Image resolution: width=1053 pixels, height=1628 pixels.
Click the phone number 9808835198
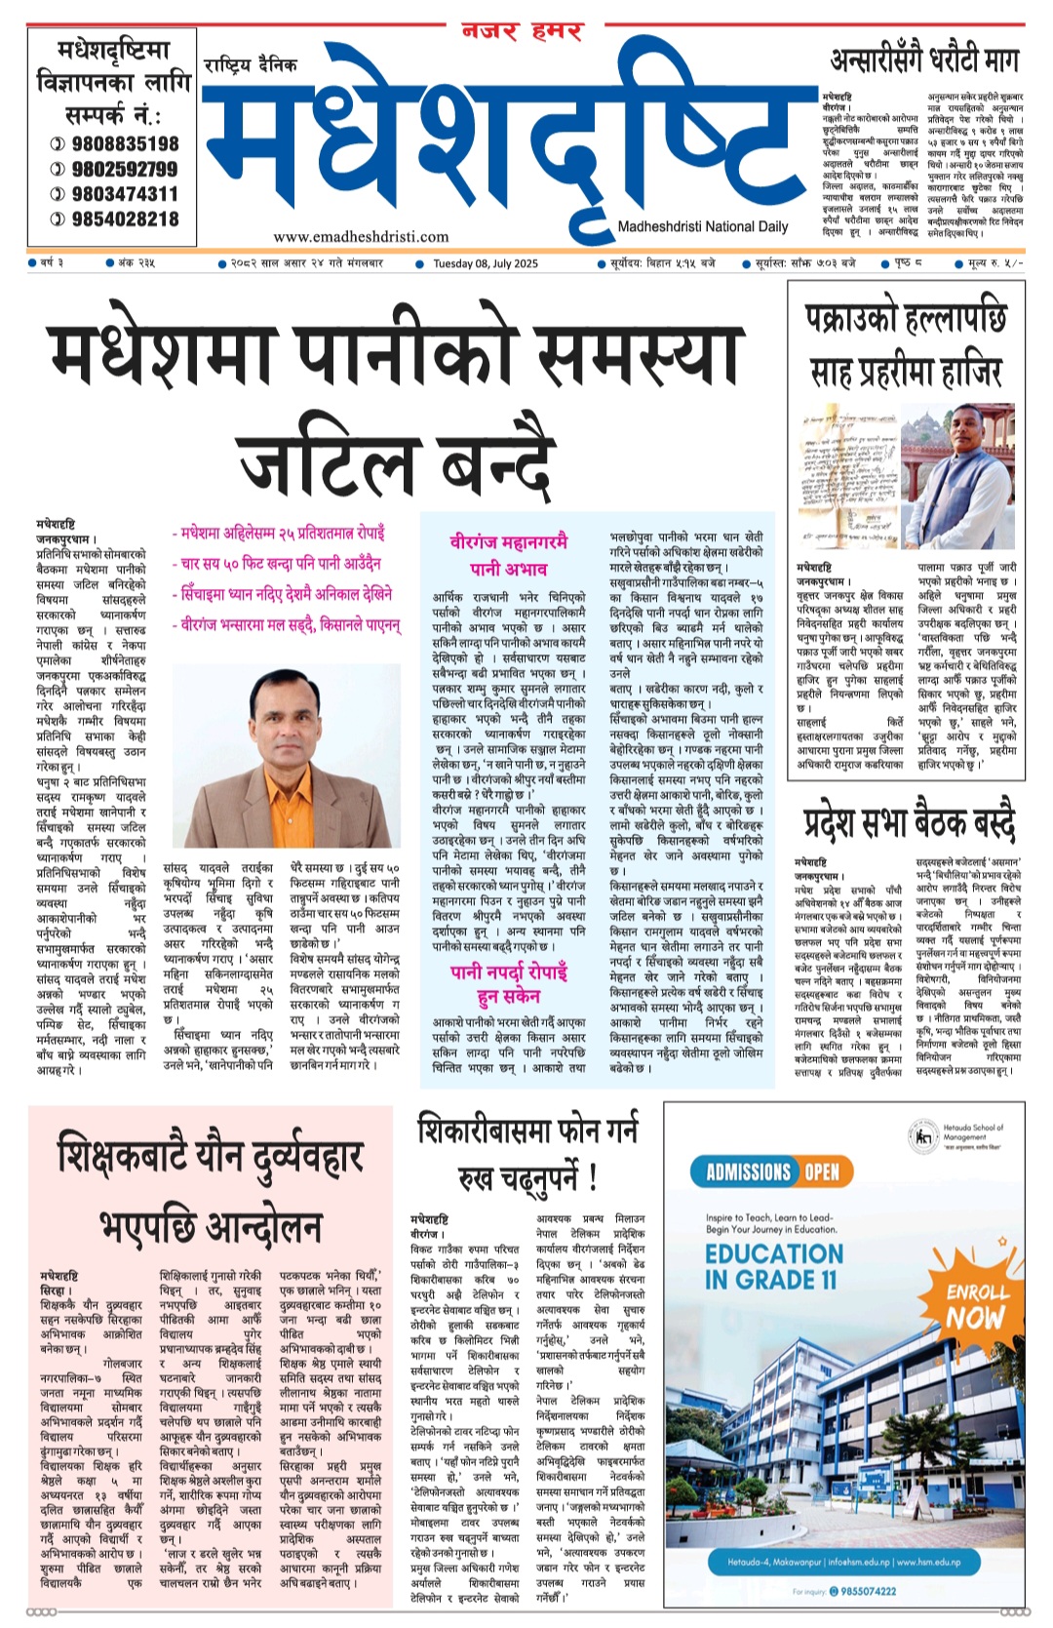(x=125, y=143)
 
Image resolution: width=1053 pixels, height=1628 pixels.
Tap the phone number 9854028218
(x=125, y=219)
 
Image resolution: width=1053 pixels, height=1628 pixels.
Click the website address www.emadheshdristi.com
(x=361, y=236)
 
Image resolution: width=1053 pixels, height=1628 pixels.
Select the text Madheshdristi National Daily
(x=702, y=226)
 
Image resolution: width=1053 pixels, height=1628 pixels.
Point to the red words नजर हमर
(x=522, y=32)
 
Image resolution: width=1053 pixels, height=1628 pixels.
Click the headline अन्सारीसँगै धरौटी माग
(x=923, y=60)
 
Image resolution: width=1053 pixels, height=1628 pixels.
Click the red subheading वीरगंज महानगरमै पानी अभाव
(x=508, y=554)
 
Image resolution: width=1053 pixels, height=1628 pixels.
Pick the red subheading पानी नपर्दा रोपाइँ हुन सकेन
(x=508, y=982)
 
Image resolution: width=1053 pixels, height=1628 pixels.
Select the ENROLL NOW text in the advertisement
(x=976, y=1304)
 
